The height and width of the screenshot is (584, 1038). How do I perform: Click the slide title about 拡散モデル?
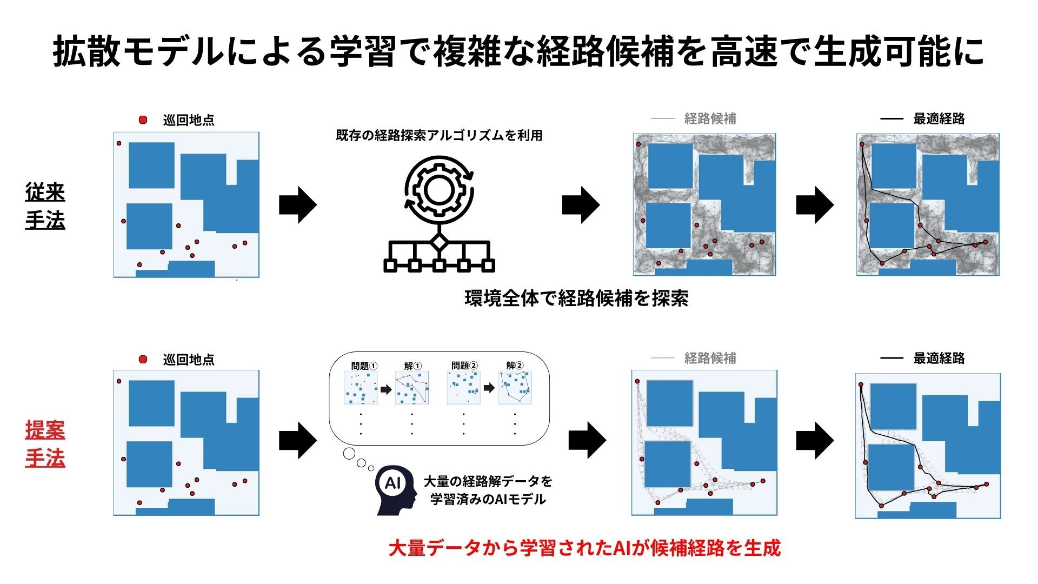tap(518, 52)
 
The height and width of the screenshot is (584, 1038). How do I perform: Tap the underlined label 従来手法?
tap(45, 206)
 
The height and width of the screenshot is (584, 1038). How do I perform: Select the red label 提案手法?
tap(45, 444)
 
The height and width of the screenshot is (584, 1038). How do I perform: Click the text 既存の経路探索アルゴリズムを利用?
tap(439, 135)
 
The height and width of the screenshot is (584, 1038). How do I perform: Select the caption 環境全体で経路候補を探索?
tap(576, 298)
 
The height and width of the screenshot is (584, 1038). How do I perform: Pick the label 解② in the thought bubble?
tap(515, 366)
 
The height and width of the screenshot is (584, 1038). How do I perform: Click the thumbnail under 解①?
tap(412, 388)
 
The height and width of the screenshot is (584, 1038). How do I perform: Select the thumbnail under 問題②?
tap(464, 388)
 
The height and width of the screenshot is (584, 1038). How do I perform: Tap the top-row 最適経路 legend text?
tap(939, 119)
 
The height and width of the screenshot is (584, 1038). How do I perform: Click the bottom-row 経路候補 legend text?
tap(710, 358)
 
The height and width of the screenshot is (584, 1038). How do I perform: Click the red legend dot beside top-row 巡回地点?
tap(143, 120)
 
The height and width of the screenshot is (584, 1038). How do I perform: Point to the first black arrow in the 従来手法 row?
tap(297, 205)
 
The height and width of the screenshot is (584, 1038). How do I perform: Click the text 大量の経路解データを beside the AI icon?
tap(488, 481)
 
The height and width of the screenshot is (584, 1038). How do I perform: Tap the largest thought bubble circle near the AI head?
tap(349, 454)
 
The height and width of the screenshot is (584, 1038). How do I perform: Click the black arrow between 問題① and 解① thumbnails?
tap(385, 389)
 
